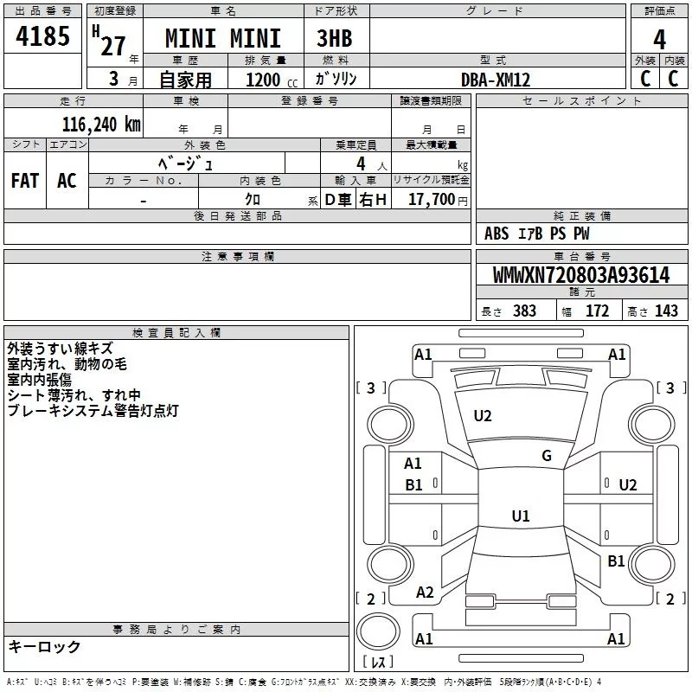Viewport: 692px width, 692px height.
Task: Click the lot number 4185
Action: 42,38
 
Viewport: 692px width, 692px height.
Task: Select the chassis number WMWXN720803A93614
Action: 580,276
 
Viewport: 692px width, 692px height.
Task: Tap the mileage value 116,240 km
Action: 100,124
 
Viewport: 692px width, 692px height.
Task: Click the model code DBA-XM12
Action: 496,80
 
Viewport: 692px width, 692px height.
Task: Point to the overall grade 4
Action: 659,39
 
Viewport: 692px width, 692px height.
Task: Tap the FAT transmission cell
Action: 25,181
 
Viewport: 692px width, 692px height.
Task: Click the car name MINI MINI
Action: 223,39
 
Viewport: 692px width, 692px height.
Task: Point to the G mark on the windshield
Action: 547,456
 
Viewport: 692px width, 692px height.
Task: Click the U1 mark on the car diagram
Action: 520,516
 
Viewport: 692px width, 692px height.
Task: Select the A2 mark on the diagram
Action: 425,593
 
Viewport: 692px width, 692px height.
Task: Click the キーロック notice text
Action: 45,646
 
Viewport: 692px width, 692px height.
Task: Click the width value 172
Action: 597,311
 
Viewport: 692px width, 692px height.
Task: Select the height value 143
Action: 666,311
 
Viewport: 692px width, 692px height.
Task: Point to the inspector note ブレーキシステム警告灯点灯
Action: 93,411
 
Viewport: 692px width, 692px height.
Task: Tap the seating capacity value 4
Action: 359,163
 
